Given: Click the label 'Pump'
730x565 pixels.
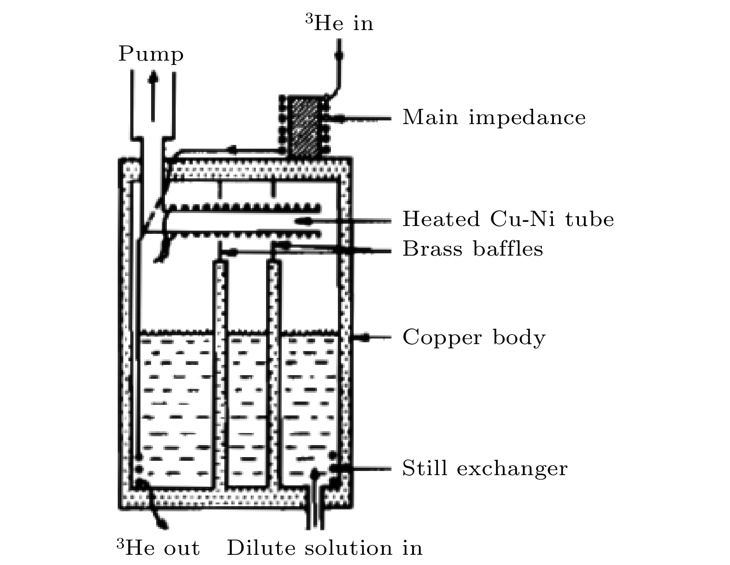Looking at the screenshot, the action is (x=151, y=54).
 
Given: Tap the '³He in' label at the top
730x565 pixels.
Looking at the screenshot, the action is (x=339, y=23).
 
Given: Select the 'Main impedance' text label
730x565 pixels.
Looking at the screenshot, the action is (x=494, y=118).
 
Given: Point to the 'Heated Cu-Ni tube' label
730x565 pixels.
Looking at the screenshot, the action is (x=508, y=220).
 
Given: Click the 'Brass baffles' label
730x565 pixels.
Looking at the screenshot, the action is (x=473, y=249).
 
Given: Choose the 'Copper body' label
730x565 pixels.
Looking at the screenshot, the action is (x=474, y=338).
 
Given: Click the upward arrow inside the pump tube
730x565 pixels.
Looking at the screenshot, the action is (x=153, y=95).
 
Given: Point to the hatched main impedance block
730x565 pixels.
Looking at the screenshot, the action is (x=305, y=126).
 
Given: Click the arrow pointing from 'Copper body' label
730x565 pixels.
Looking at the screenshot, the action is (x=372, y=337).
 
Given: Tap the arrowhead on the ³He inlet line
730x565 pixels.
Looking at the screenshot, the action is (x=339, y=55).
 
